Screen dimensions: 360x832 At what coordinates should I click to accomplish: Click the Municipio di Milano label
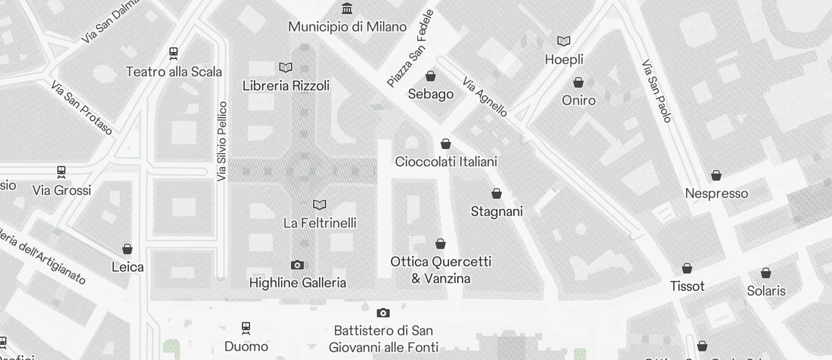[347, 27]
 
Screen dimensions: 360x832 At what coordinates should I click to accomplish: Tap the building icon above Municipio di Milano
[347, 8]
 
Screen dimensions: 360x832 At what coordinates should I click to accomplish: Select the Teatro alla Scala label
[174, 72]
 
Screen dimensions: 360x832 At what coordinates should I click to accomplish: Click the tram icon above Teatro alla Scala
[174, 53]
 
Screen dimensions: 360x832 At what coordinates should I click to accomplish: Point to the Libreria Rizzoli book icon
[286, 67]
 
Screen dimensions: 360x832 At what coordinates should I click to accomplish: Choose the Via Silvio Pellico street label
[221, 141]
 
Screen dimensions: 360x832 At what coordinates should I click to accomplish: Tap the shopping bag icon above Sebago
[431, 76]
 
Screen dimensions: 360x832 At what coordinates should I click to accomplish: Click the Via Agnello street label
[485, 96]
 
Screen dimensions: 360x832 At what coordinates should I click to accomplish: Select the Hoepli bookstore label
[564, 60]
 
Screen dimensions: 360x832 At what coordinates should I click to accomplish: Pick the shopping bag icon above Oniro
[578, 82]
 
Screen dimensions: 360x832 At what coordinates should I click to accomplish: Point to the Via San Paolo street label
[656, 91]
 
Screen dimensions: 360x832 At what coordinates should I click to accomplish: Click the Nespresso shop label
[716, 193]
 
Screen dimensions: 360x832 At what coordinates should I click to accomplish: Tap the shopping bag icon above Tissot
[687, 268]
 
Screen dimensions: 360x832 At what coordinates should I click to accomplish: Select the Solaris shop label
[766, 290]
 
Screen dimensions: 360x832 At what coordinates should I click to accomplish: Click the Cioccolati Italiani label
[446, 161]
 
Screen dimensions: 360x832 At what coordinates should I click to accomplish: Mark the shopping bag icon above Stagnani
[497, 193]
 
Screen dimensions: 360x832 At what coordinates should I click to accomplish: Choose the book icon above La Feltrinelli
[320, 205]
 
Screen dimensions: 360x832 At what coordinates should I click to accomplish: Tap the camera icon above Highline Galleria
[297, 265]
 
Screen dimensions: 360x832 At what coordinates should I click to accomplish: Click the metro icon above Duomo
[246, 328]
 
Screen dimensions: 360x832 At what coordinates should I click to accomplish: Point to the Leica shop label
[127, 267]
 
